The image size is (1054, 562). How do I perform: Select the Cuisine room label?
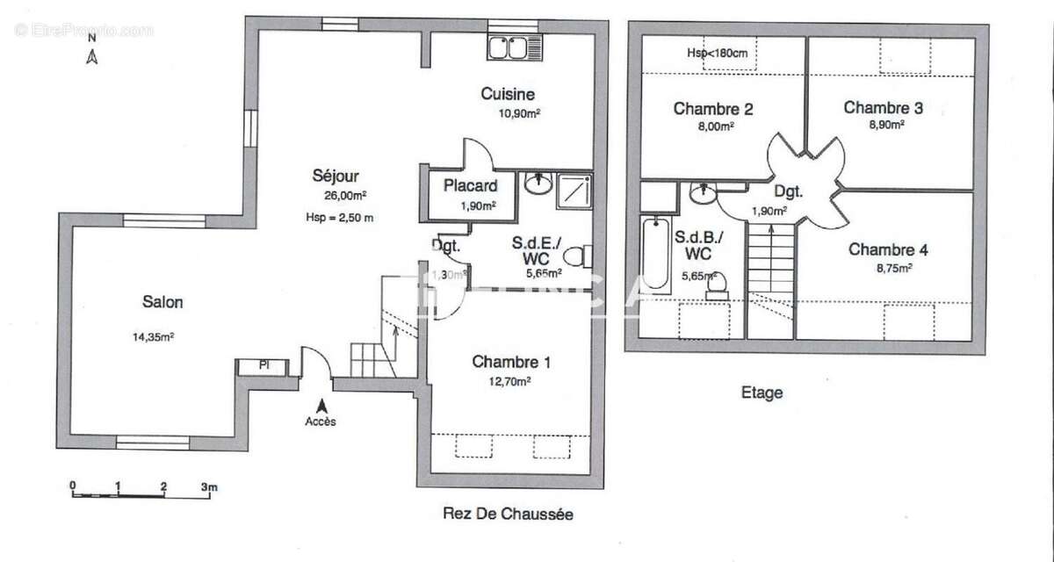click(508, 94)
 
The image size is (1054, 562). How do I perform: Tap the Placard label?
click(470, 185)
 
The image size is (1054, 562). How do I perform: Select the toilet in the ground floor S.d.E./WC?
click(575, 257)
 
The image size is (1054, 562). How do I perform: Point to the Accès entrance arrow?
click(321, 406)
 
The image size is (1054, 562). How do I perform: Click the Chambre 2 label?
click(713, 109)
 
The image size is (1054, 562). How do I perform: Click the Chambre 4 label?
click(888, 249)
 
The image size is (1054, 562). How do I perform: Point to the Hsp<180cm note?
click(718, 54)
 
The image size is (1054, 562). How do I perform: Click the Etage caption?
click(762, 393)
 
